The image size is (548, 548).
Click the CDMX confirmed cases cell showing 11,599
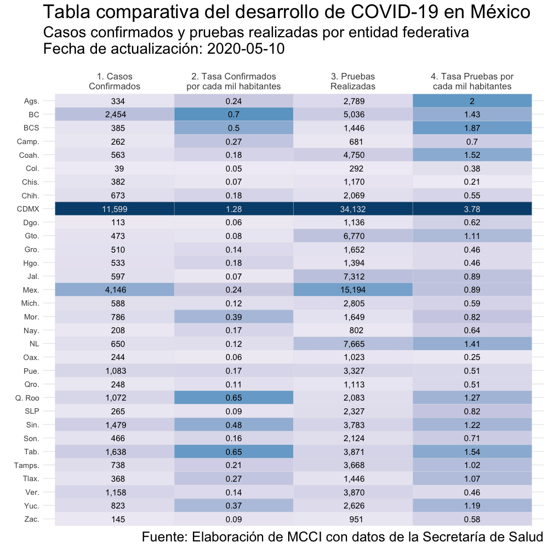115,209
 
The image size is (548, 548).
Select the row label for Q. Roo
28,398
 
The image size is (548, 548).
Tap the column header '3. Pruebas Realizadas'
353,82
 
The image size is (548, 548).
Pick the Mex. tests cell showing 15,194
353,290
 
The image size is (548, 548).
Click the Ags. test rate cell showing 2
472,101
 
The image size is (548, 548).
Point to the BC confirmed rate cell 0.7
233,115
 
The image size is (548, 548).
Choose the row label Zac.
32,519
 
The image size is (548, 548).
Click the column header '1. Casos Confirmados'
115,82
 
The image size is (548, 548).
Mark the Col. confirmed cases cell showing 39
115,168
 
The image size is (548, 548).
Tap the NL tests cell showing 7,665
353,344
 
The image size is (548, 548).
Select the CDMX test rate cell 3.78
472,209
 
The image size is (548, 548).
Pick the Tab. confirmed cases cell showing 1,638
115,452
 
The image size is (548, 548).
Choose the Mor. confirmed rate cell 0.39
233,317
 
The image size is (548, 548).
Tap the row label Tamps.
26,465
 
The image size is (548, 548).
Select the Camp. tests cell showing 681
353,141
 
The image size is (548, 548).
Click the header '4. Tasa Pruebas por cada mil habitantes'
472,82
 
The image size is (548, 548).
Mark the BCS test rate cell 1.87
472,128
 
